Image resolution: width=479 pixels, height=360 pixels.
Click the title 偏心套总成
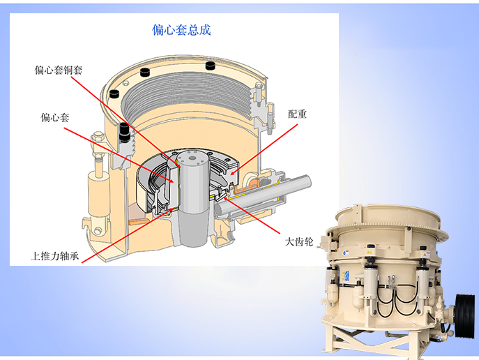click(181, 30)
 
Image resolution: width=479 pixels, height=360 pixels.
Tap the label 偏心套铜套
click(59, 70)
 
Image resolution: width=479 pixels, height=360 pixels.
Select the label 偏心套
click(55, 117)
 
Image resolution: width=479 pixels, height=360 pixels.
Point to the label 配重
click(297, 114)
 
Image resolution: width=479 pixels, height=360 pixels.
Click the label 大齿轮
click(299, 241)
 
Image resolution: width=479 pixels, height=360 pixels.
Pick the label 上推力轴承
click(55, 255)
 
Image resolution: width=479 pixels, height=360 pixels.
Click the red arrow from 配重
click(264, 150)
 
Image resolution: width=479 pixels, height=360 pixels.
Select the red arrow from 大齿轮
click(252, 215)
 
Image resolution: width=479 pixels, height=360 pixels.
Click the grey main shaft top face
click(192, 158)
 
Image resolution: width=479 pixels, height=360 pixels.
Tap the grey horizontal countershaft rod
click(263, 195)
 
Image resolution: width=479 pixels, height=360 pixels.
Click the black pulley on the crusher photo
click(464, 315)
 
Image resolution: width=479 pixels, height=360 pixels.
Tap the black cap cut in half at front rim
click(124, 133)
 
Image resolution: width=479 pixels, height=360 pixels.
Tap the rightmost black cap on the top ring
click(210, 65)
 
